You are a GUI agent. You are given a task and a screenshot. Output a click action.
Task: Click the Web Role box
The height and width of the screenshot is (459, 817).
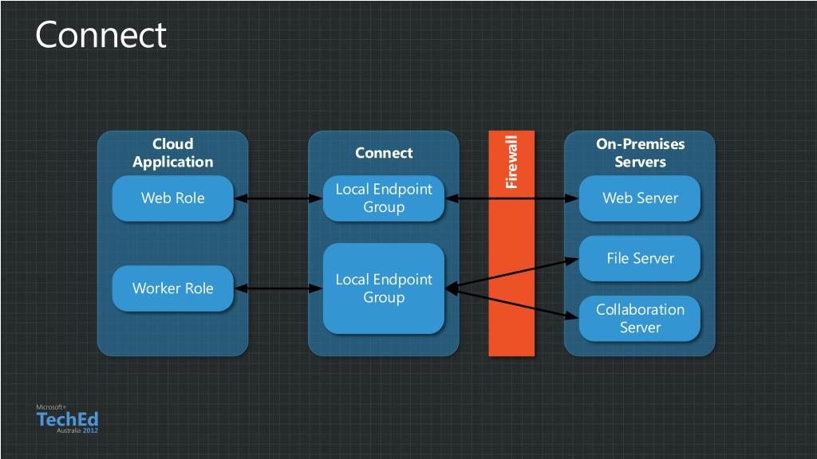click(x=172, y=198)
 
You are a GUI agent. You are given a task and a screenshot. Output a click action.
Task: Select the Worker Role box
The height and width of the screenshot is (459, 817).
click(x=172, y=288)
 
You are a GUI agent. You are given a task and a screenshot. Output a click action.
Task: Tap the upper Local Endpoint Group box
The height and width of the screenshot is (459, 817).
click(x=384, y=198)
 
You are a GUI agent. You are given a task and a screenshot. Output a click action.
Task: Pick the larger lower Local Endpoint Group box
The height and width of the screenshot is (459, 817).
click(x=384, y=288)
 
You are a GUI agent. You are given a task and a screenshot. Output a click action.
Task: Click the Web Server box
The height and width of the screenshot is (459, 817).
click(x=639, y=198)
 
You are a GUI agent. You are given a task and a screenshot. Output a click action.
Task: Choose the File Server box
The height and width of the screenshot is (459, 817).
click(x=639, y=259)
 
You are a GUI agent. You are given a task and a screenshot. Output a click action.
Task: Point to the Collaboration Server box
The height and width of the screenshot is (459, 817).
click(x=639, y=319)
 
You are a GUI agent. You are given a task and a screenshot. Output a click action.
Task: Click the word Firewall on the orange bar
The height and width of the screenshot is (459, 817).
click(x=511, y=162)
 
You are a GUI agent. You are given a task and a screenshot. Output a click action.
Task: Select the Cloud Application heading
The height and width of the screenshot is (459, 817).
click(x=172, y=152)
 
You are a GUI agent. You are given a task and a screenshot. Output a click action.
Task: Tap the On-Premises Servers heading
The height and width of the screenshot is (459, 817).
click(x=641, y=152)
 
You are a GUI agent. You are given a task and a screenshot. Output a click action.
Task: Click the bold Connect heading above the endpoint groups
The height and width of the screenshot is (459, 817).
click(x=384, y=153)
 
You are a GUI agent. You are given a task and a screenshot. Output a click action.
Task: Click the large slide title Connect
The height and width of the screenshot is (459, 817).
click(x=101, y=35)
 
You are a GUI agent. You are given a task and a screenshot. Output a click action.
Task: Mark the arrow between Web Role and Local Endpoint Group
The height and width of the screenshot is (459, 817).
click(x=278, y=198)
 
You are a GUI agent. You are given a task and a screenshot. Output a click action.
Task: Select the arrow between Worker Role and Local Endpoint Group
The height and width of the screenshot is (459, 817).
click(x=278, y=288)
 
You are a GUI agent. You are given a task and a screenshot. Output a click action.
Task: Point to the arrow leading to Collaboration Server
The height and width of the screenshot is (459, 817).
click(x=511, y=303)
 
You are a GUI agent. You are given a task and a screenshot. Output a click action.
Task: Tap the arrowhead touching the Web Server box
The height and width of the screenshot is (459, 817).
click(x=572, y=198)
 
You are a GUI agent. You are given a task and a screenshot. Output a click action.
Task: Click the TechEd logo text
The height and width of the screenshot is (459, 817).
click(x=67, y=419)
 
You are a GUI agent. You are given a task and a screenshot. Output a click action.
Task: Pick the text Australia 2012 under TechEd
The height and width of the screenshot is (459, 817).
click(x=77, y=431)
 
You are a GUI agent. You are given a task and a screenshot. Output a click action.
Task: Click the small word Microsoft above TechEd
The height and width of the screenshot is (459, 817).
click(x=50, y=407)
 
